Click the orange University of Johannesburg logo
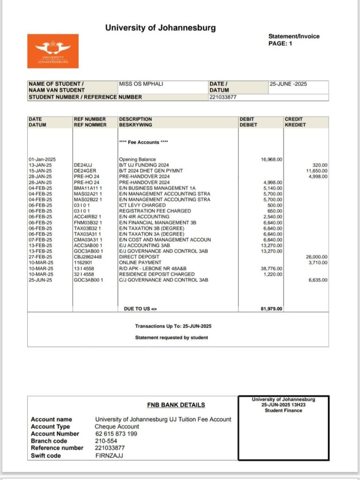tap(53, 51)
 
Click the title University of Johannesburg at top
tap(160, 28)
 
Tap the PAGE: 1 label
tap(280, 43)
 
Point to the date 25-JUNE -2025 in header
tap(288, 84)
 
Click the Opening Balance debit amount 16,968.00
tap(271, 159)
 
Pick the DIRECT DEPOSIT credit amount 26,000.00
tap(317, 257)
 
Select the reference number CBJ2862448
tap(88, 257)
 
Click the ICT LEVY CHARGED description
tap(142, 205)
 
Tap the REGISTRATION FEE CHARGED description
tap(154, 211)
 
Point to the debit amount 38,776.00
tap(271, 269)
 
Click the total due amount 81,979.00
tap(271, 309)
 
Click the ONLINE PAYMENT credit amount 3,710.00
tap(318, 262)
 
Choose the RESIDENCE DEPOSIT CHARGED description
tap(157, 274)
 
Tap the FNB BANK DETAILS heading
tap(176, 405)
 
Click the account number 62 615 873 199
tap(116, 434)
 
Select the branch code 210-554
tap(106, 441)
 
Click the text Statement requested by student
tap(172, 337)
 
